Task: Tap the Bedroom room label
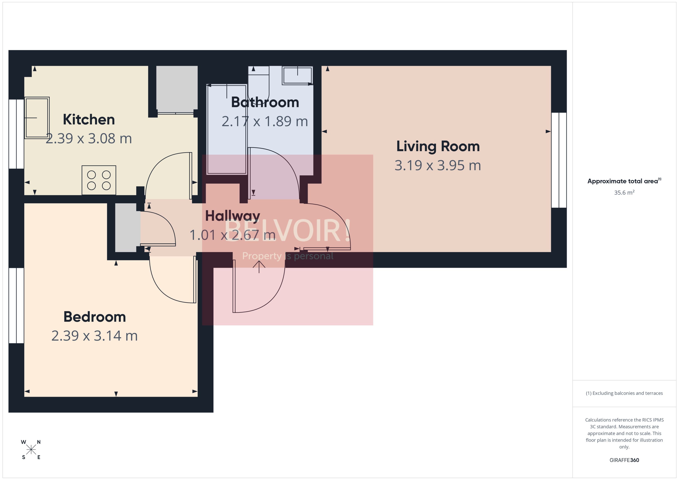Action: pyautogui.click(x=95, y=317)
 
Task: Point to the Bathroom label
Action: pyautogui.click(x=265, y=102)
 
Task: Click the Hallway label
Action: pyautogui.click(x=233, y=216)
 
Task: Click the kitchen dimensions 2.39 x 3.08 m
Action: pyautogui.click(x=89, y=139)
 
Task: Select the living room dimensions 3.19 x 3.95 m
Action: pyautogui.click(x=438, y=165)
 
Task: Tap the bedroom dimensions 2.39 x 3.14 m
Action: pyautogui.click(x=95, y=336)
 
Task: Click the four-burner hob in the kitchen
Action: pyautogui.click(x=99, y=180)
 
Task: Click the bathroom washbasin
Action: pyautogui.click(x=297, y=75)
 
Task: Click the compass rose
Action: pyautogui.click(x=31, y=450)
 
